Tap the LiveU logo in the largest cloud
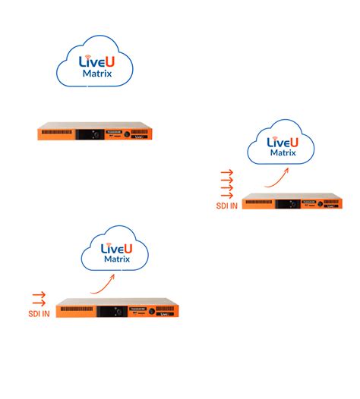coord(96,60)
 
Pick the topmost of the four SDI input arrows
coord(226,171)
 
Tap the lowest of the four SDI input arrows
coord(226,196)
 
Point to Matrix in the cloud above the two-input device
coord(118,259)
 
